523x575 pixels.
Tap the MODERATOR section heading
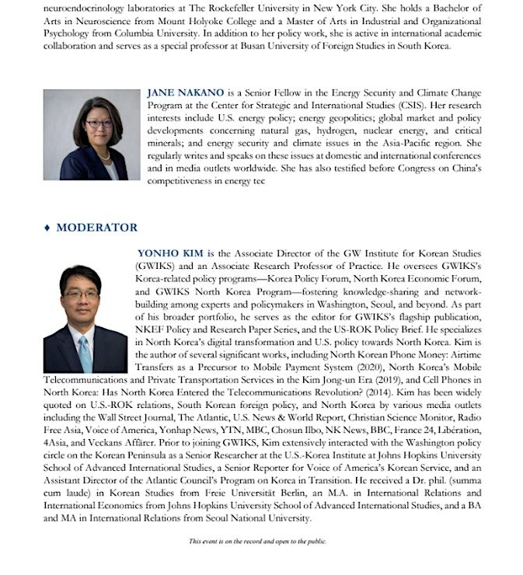point(96,228)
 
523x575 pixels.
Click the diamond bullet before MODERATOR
point(47,228)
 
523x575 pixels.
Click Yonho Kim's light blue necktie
point(85,354)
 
